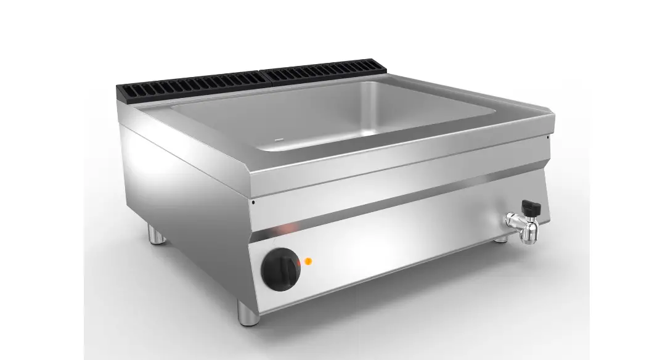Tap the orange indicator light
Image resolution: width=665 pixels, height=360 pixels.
pyautogui.click(x=308, y=261)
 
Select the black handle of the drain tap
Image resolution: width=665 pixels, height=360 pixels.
pyautogui.click(x=531, y=207)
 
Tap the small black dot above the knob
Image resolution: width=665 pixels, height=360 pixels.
pyautogui.click(x=253, y=201)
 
